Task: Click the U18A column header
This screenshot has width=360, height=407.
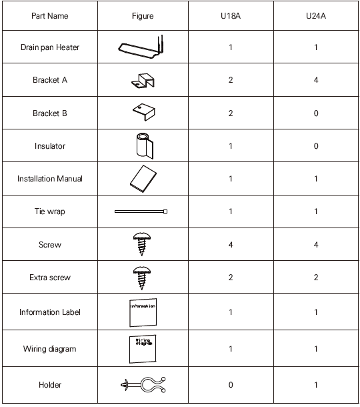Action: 230,16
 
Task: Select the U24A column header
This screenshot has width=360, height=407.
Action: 315,16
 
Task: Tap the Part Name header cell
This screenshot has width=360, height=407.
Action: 49,16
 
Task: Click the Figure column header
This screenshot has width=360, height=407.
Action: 143,16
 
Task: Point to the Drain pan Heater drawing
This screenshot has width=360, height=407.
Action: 141,47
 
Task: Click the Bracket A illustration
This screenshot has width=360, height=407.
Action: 142,81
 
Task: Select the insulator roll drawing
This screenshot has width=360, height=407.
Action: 141,145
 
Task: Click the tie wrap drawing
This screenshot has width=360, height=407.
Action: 141,212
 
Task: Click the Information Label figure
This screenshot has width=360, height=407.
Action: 142,311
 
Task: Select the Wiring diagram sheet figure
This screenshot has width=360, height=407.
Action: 141,347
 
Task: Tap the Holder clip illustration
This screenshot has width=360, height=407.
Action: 143,384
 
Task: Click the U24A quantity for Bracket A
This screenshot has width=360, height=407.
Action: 315,81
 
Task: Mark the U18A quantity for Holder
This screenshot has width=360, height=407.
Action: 231,385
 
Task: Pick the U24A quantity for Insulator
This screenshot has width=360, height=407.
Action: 315,146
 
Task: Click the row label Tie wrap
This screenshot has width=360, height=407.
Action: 49,212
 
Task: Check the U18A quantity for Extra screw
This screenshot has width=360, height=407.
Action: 231,278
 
